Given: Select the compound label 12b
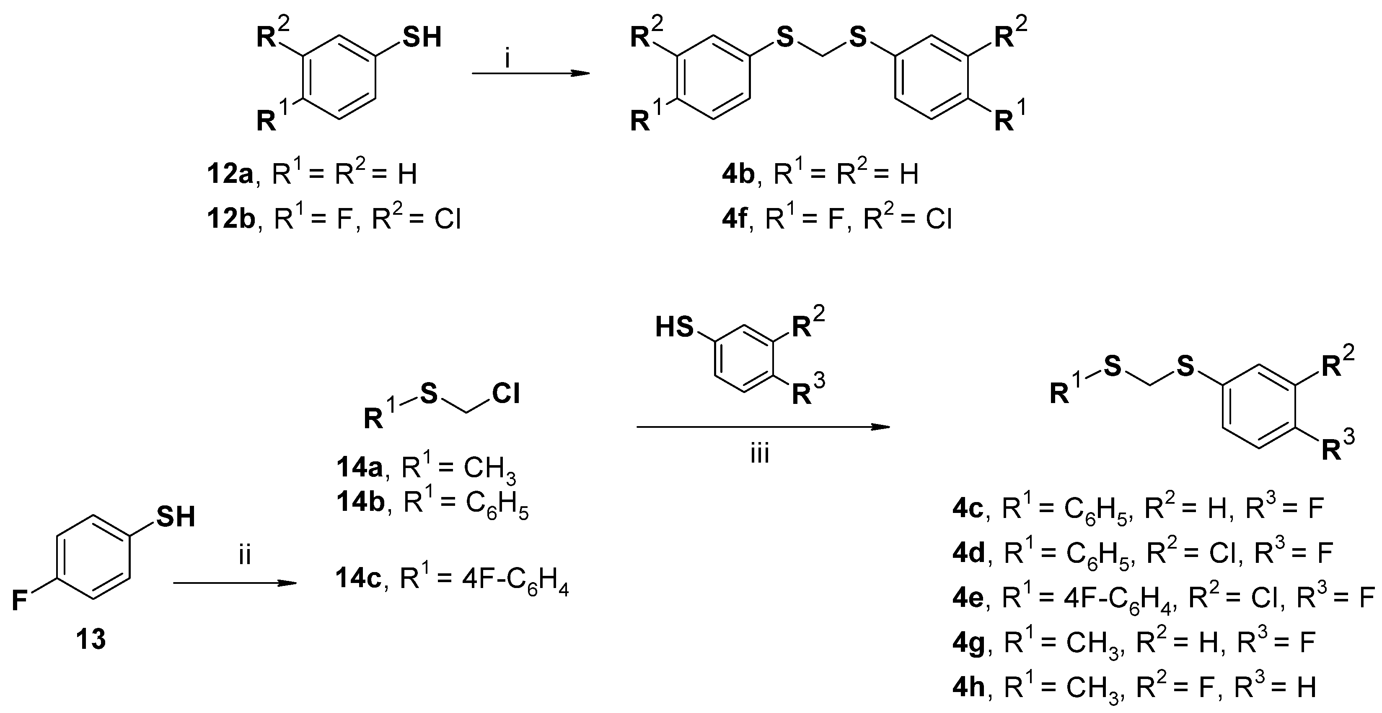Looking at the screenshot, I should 231,220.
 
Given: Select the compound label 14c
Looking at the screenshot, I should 358,579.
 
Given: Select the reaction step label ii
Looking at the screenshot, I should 245,556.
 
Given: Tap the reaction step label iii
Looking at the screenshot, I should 759,454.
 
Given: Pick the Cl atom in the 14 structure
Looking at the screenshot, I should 506,395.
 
